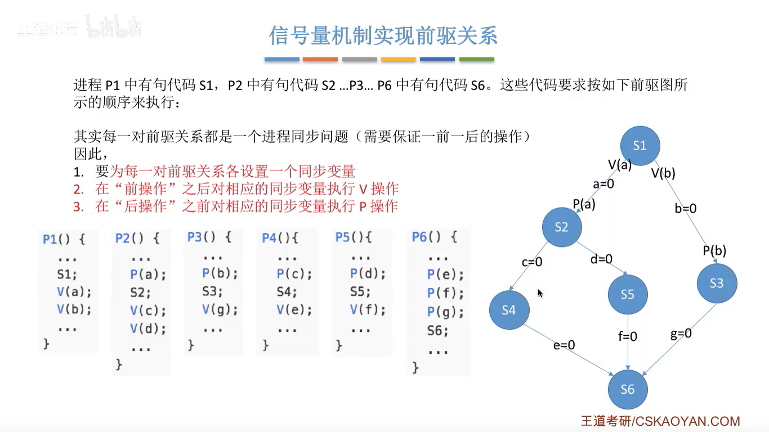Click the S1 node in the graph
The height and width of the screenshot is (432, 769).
coord(640,146)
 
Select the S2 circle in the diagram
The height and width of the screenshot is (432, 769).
coord(561,227)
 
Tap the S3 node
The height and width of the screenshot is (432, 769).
coord(716,283)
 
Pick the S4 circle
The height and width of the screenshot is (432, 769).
coord(508,310)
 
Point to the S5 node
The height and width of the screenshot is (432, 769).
coord(627,294)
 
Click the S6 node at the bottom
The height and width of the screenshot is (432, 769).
coord(627,389)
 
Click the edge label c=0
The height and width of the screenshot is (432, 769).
coord(531,262)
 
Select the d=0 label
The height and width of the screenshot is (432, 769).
coord(601,259)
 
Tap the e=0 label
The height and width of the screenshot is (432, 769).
coord(564,345)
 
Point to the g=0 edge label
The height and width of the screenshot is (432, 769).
coord(681,334)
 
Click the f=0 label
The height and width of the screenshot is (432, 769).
coord(627,336)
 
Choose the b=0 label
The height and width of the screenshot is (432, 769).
coord(685,209)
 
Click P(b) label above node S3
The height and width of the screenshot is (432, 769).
coord(714,251)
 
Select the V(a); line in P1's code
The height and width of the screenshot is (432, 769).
coord(73,292)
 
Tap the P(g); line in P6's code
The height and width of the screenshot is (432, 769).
coord(445,312)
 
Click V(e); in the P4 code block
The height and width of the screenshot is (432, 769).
coord(294,310)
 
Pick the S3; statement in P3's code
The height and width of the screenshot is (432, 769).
coord(213,292)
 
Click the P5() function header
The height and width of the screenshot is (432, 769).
coord(353,238)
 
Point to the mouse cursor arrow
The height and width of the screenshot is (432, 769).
coord(540,293)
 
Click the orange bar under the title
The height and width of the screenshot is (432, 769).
coord(320,59)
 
